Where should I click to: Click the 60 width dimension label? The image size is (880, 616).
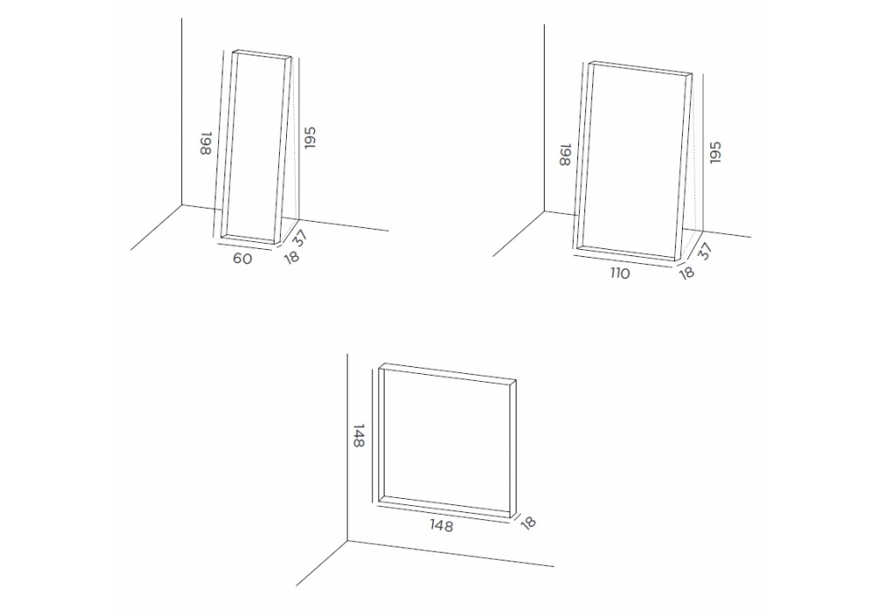pyautogui.click(x=242, y=259)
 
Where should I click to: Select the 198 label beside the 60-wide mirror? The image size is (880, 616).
pyautogui.click(x=205, y=144)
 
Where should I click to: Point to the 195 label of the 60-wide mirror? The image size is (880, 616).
pyautogui.click(x=311, y=138)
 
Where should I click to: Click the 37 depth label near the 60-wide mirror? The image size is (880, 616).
pyautogui.click(x=301, y=238)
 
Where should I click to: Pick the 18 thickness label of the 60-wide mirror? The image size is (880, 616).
pyautogui.click(x=291, y=257)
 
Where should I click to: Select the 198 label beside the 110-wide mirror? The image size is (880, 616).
pyautogui.click(x=565, y=155)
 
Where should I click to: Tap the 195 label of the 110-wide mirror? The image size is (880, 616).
pyautogui.click(x=715, y=152)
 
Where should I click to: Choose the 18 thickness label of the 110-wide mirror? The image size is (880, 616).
pyautogui.click(x=686, y=272)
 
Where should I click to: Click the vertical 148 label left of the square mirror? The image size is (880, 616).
pyautogui.click(x=358, y=436)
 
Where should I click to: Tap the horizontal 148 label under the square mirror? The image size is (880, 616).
pyautogui.click(x=441, y=525)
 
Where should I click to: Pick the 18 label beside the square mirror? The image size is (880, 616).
pyautogui.click(x=528, y=523)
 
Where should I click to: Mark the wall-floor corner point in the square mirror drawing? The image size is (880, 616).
pyautogui.click(x=348, y=541)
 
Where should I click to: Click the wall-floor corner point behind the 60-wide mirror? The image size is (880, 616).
pyautogui.click(x=182, y=205)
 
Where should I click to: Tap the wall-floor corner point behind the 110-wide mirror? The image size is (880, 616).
pyautogui.click(x=544, y=211)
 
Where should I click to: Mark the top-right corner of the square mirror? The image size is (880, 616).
pyautogui.click(x=516, y=380)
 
